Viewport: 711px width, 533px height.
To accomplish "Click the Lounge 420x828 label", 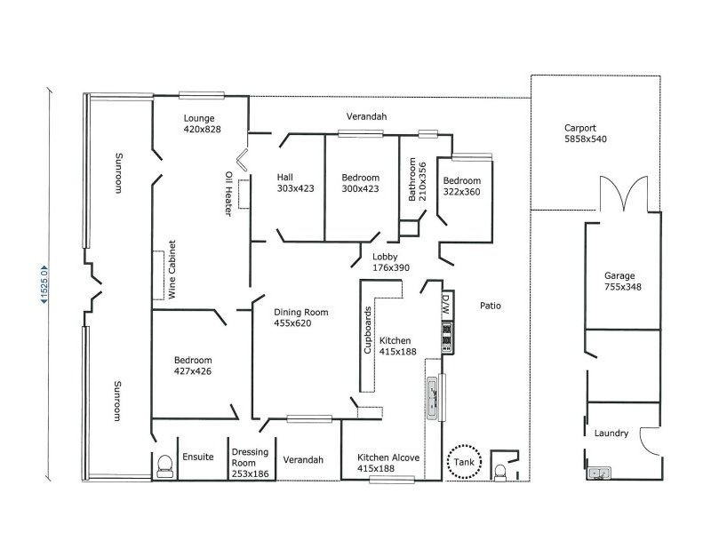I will click(x=202, y=123).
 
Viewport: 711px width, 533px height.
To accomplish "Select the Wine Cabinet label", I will click(x=173, y=268).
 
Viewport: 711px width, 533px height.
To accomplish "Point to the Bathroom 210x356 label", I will click(x=417, y=180).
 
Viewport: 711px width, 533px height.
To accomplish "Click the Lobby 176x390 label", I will click(x=390, y=262).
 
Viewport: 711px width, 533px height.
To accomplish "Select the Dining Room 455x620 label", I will click(x=301, y=318).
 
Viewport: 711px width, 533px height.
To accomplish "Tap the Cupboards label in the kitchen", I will click(x=368, y=331).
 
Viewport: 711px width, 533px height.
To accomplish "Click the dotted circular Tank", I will click(x=462, y=461).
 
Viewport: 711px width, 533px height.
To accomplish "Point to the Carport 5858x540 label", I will click(x=585, y=133).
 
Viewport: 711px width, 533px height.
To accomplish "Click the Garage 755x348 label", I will click(x=621, y=281).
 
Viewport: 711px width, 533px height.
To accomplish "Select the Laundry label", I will click(x=611, y=434).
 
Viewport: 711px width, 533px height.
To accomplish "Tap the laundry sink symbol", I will click(x=600, y=473).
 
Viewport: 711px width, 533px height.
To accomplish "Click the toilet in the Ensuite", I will click(x=164, y=466).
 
